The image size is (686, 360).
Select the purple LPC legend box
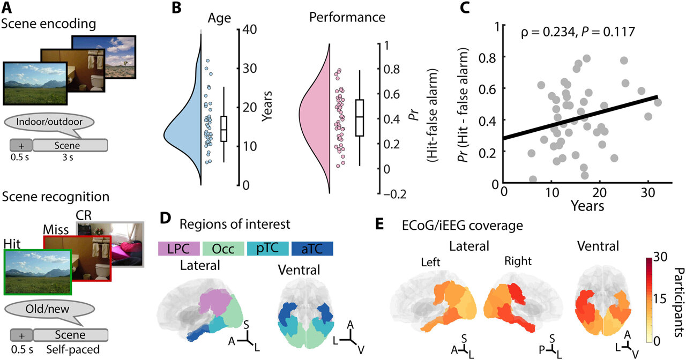(178, 249)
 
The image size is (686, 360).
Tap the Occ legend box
(223, 249)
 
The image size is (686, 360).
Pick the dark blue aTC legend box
(312, 249)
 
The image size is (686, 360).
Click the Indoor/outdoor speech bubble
(50, 122)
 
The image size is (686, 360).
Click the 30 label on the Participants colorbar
(660, 257)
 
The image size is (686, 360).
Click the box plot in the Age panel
(223, 129)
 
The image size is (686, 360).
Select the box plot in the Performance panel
(360, 117)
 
